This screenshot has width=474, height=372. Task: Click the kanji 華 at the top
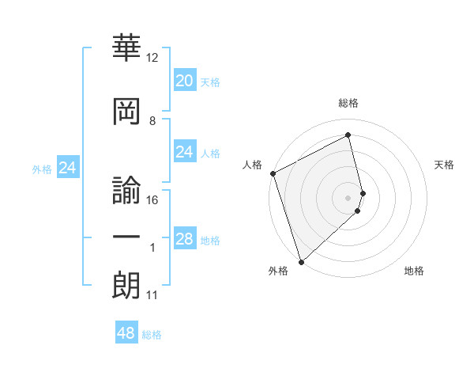[127, 49]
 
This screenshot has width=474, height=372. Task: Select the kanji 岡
[127, 110]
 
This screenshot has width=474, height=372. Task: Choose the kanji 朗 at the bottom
[127, 284]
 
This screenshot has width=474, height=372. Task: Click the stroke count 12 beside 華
[152, 59]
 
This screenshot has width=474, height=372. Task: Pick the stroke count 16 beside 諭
[152, 200]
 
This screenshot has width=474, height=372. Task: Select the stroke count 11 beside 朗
[152, 295]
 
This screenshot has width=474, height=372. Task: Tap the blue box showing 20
[184, 80]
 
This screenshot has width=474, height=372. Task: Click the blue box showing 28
[184, 239]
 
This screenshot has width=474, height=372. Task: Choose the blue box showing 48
[126, 333]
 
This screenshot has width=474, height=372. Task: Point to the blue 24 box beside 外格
[67, 168]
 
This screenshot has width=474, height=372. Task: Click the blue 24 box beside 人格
[184, 152]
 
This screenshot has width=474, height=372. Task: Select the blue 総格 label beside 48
[152, 335]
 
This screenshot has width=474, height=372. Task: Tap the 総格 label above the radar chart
[348, 103]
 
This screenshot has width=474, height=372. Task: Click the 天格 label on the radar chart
[445, 165]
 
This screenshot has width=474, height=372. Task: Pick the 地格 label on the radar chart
[414, 271]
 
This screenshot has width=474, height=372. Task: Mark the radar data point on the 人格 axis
[273, 173]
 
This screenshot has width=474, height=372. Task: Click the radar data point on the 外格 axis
[300, 261]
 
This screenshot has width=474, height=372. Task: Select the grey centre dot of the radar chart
[348, 197]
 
